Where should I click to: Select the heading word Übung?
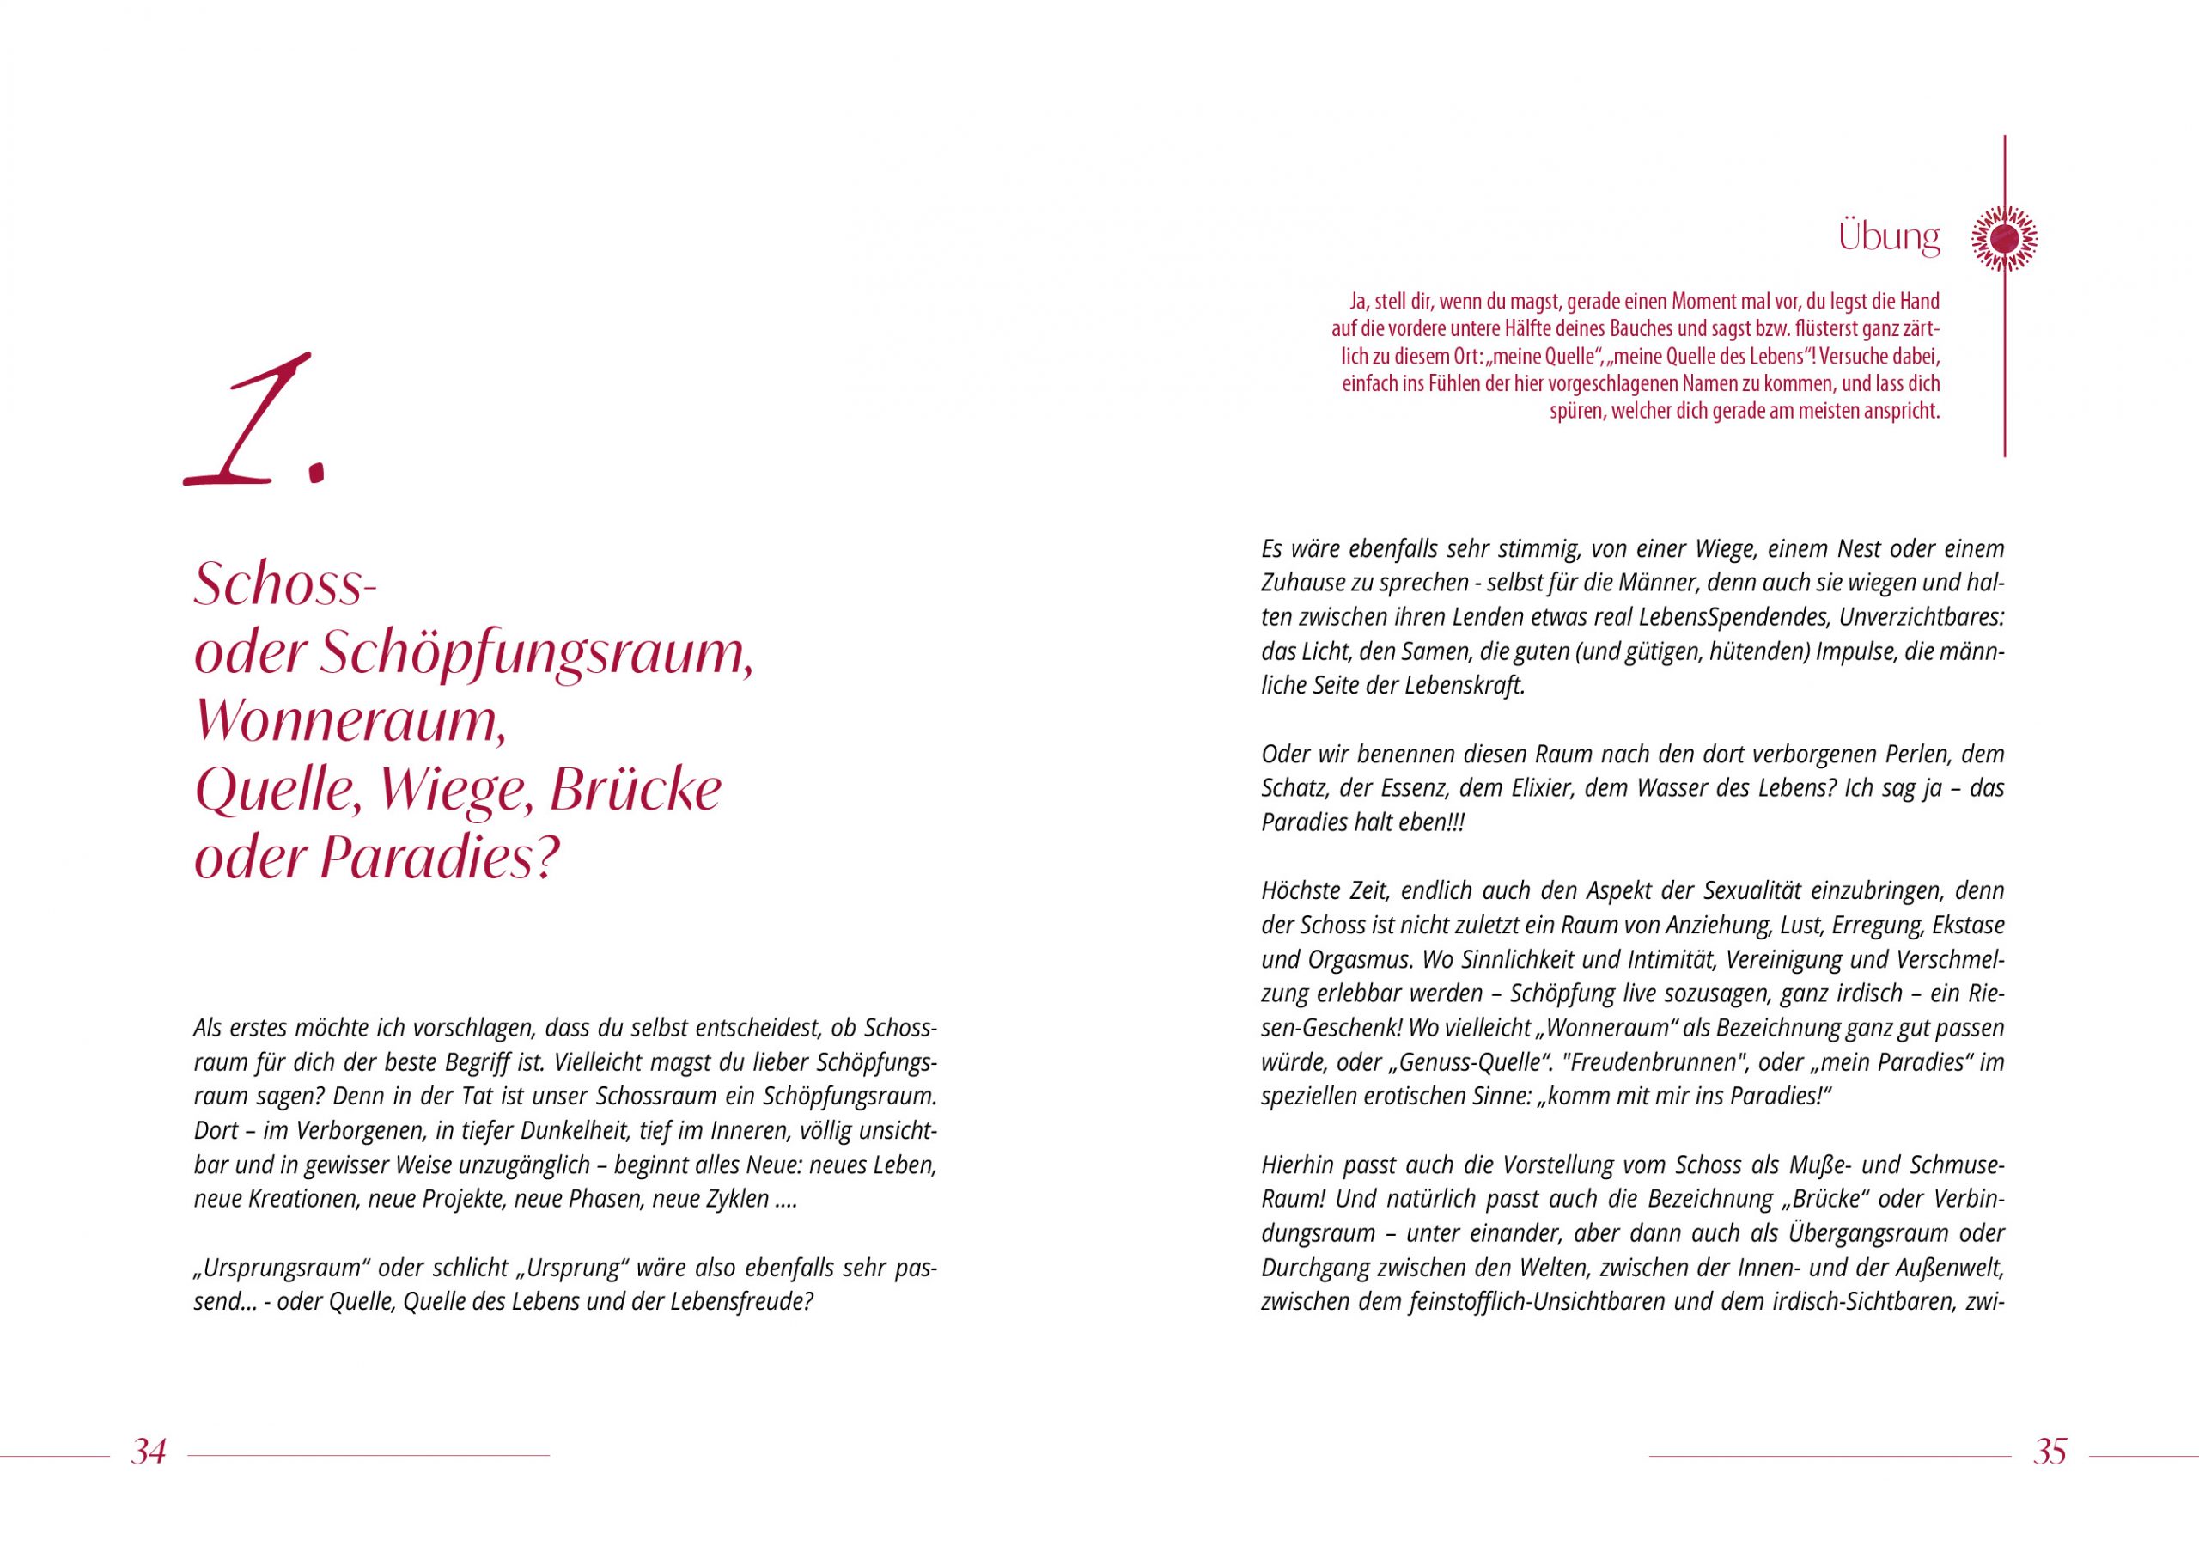[x=1889, y=236]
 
